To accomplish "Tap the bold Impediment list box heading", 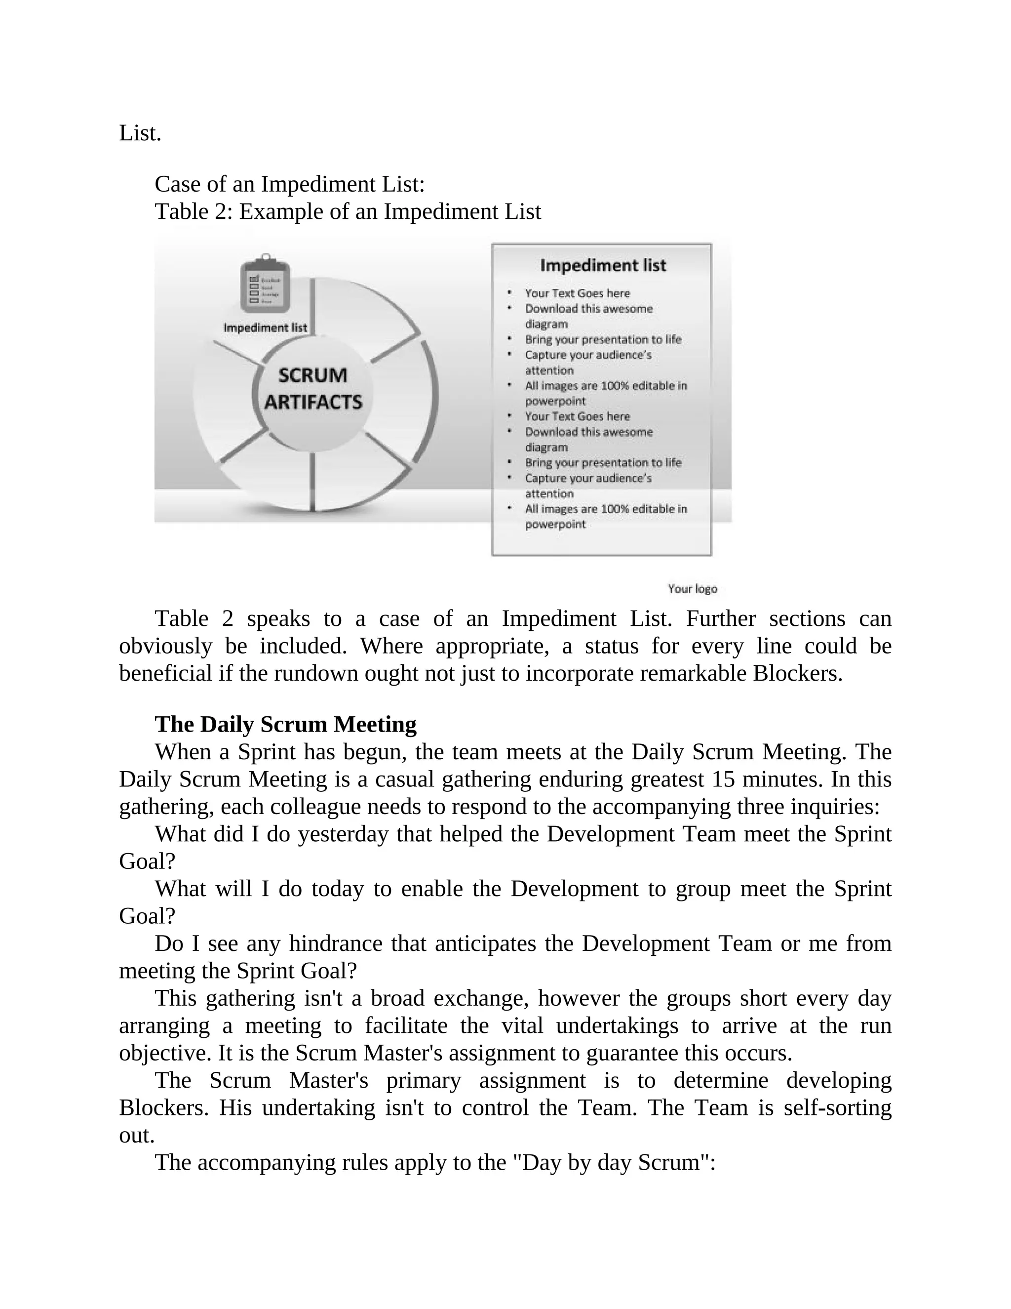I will pyautogui.click(x=603, y=266).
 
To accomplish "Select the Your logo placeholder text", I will pyautogui.click(x=693, y=589).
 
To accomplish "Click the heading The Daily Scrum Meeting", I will pyautogui.click(x=286, y=725).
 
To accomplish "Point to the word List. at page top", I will pyautogui.click(x=140, y=133).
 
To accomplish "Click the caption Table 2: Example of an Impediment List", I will pyautogui.click(x=348, y=211).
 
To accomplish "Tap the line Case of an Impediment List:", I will pyautogui.click(x=289, y=184).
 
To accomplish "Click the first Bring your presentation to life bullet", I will pyautogui.click(x=603, y=339).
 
